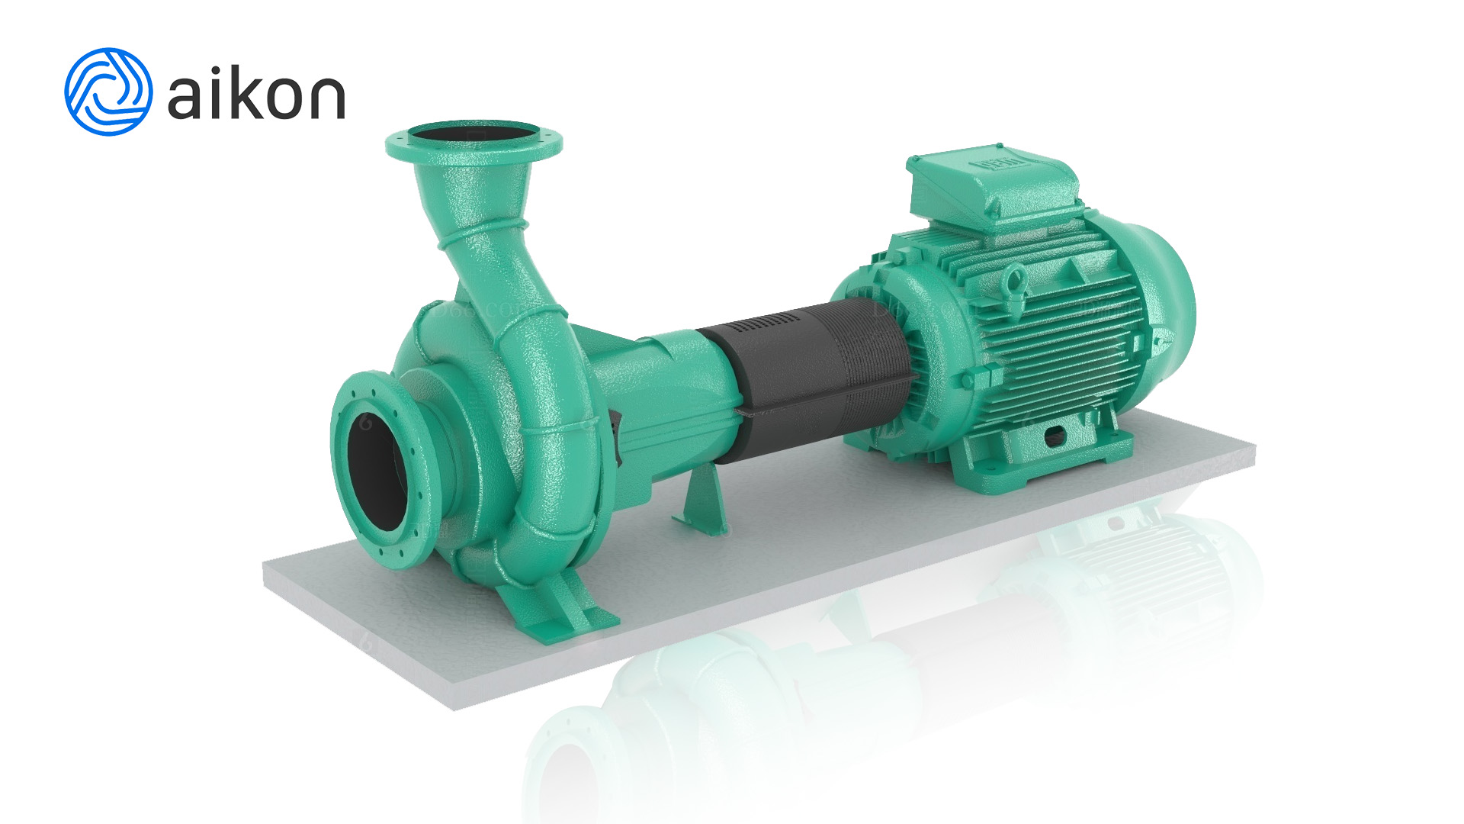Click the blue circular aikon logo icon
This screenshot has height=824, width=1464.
pyautogui.click(x=108, y=92)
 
